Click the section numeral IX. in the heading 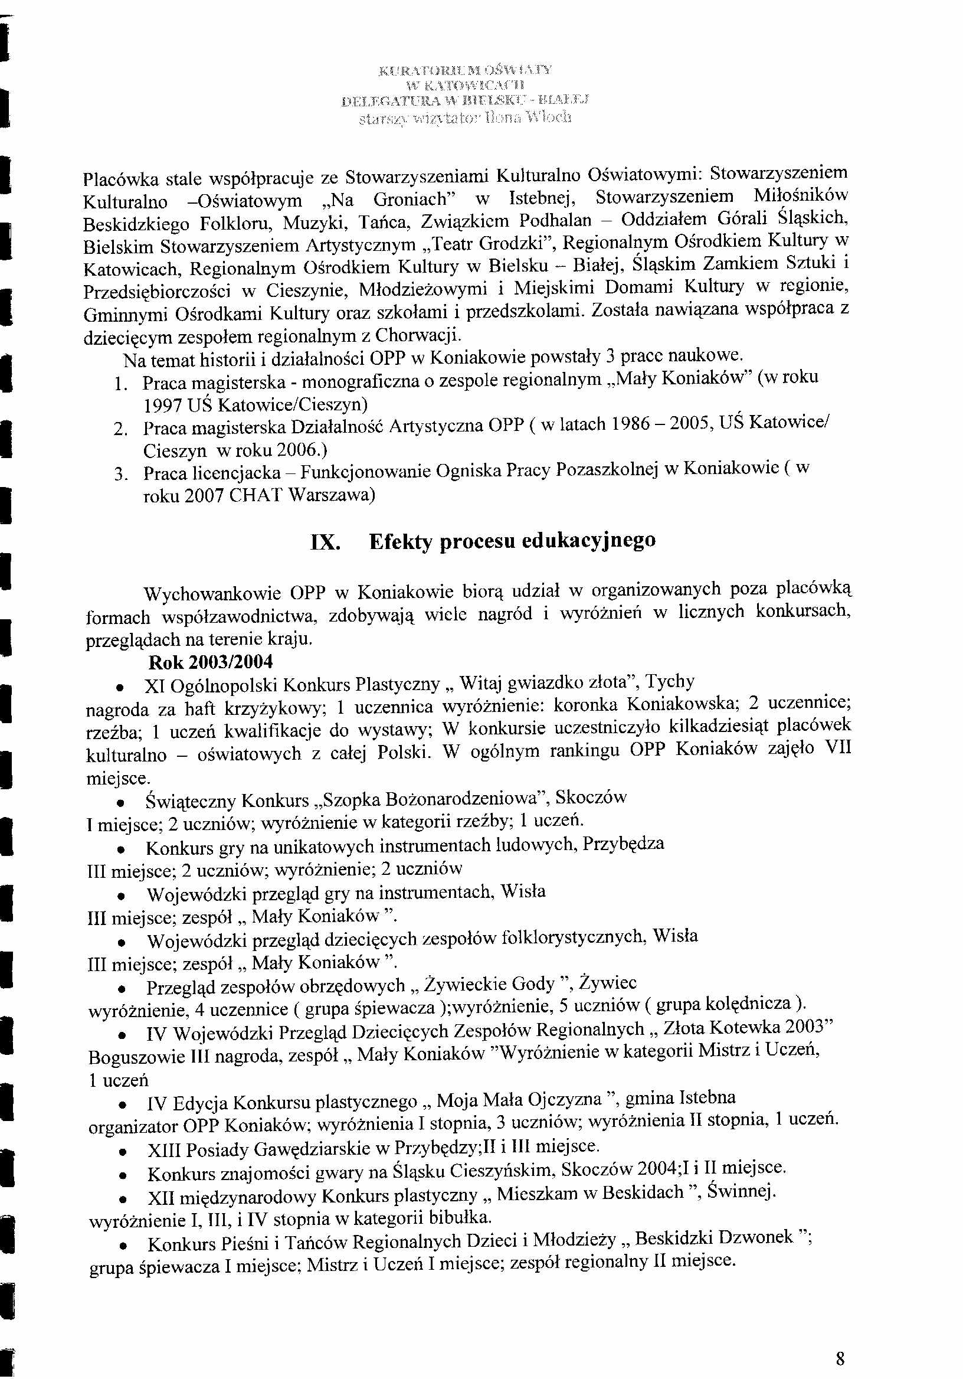coord(325,543)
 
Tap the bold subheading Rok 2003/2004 coord(210,662)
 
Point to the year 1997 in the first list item coord(163,406)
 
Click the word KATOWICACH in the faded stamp coord(474,85)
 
